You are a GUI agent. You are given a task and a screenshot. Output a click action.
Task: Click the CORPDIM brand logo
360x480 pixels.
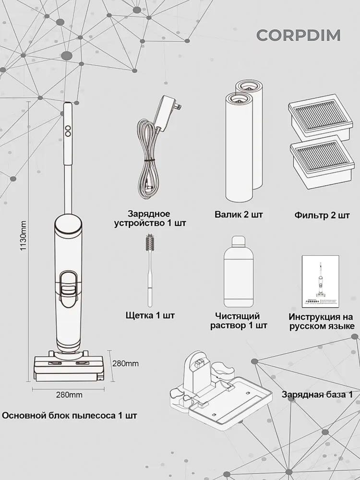299,35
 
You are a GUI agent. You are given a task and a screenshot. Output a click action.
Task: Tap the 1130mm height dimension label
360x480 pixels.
23,236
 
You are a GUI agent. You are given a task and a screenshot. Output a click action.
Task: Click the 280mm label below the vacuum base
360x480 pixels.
69,395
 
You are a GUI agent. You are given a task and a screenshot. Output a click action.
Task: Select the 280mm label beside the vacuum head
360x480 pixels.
125,364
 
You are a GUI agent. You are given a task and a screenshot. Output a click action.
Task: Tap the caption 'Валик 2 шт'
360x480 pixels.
239,214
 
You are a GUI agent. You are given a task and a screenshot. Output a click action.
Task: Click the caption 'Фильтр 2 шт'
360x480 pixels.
322,215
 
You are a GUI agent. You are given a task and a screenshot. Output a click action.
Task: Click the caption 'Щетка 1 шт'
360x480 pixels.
150,315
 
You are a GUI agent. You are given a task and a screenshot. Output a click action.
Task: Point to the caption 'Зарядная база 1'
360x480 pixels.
317,394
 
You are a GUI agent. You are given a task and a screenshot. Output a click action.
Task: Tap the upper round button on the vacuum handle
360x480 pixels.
68,128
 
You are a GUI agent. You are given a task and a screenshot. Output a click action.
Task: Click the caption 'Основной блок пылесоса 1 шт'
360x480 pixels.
70,416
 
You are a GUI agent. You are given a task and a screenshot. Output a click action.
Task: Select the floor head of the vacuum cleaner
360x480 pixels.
68,367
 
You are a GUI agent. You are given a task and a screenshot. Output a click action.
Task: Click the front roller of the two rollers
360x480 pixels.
239,147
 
